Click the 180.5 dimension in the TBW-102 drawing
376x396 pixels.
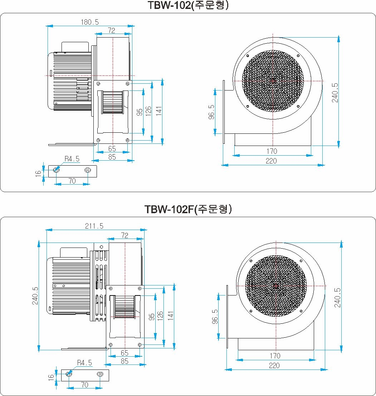click(x=90, y=22)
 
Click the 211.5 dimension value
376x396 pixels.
click(x=94, y=226)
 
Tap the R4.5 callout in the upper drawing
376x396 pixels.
click(x=72, y=159)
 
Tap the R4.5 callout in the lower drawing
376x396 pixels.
click(x=84, y=363)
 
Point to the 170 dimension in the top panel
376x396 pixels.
click(x=272, y=151)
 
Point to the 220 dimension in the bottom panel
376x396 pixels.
click(x=274, y=366)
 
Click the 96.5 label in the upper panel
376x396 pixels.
click(x=211, y=112)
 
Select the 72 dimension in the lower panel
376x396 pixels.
click(x=125, y=235)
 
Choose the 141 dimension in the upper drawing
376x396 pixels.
click(x=158, y=111)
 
